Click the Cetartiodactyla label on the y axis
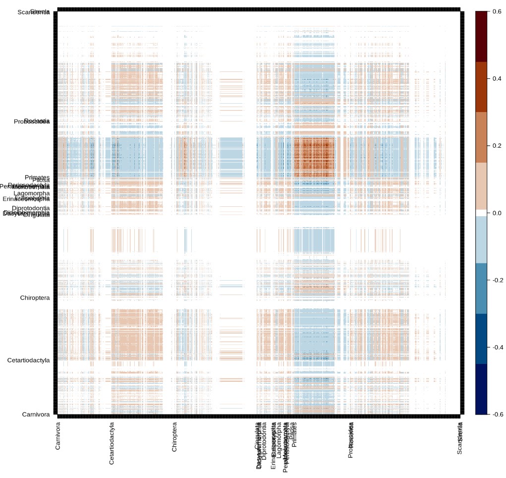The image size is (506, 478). point(28,360)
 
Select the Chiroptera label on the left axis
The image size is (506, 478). point(35,298)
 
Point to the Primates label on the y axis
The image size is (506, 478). point(37,177)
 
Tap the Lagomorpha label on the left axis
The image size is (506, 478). point(32,193)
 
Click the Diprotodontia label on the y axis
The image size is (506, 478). point(31,208)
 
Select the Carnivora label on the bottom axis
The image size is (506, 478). point(58,436)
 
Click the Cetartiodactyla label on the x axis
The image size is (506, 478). point(112,443)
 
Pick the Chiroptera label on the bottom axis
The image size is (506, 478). point(174,437)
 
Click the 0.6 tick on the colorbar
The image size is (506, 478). point(496,11)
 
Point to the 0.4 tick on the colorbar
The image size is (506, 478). point(496,78)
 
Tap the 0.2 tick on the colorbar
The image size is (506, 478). point(496,145)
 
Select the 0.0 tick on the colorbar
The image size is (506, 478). point(496,213)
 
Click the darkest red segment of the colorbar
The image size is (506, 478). point(482,36)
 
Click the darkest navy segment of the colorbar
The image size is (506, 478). point(482,389)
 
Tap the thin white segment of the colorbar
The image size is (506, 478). point(482,213)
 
